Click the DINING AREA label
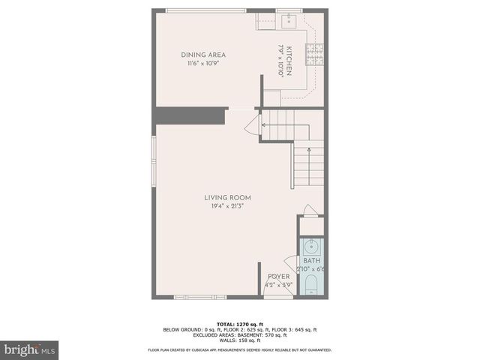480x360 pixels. tap(203, 55)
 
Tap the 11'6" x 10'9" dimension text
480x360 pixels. tap(203, 64)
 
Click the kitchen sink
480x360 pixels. tap(289, 21)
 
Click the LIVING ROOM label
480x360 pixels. tap(227, 198)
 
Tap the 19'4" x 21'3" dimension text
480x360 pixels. tap(227, 206)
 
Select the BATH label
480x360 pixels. tap(311, 260)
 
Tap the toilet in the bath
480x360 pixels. tap(311, 285)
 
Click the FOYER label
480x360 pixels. tap(277, 277)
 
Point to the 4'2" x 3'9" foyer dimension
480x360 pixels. tap(277, 285)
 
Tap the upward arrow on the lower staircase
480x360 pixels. tap(310, 150)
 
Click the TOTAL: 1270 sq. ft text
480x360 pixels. tap(239, 324)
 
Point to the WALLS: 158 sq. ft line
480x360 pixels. tap(239, 340)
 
